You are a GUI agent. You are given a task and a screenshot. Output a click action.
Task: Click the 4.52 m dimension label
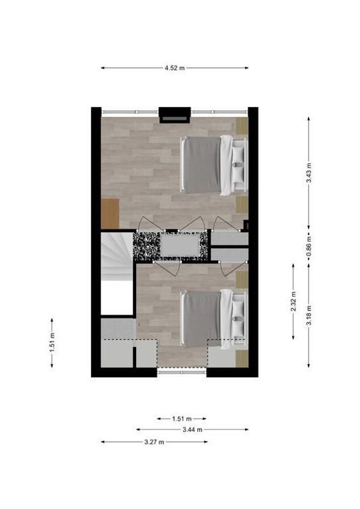[174, 68]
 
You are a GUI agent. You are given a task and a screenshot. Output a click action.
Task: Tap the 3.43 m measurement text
[309, 172]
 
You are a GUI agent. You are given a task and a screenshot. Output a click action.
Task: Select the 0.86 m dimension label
[309, 246]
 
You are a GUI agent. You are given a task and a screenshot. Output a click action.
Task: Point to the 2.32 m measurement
[294, 300]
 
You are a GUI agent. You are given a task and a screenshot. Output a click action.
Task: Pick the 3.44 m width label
[192, 429]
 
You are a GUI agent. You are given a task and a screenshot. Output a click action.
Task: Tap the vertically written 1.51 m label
[52, 342]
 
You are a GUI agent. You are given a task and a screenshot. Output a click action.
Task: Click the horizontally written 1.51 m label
[182, 419]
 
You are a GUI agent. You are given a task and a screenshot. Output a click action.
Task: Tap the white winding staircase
[115, 254]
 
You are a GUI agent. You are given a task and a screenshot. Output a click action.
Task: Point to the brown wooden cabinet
[110, 214]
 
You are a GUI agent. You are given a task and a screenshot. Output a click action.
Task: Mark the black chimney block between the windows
[174, 114]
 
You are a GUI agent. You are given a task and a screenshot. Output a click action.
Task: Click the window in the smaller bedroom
[182, 372]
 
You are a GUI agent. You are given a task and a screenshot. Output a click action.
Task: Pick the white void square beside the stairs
[118, 297]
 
